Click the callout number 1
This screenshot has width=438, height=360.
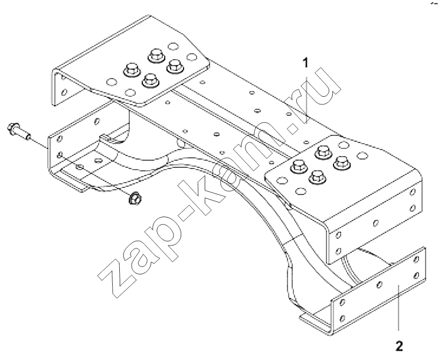pyautogui.click(x=306, y=63)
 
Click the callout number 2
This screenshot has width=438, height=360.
pyautogui.click(x=399, y=346)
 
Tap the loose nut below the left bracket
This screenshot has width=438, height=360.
pyautogui.click(x=135, y=198)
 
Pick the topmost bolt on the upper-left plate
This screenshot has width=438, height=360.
pyautogui.click(x=156, y=55)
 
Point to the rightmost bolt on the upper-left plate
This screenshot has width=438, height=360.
pyautogui.click(x=175, y=67)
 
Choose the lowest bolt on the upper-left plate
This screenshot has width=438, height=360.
pyautogui.click(x=151, y=80)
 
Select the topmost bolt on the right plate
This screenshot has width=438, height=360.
pyautogui.click(x=323, y=152)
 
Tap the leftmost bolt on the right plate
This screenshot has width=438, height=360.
pyautogui.click(x=299, y=166)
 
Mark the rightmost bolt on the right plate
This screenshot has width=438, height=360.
pyautogui.click(x=342, y=163)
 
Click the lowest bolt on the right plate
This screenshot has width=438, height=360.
pyautogui.click(x=318, y=177)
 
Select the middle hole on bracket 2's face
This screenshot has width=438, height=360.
pyautogui.click(x=379, y=284)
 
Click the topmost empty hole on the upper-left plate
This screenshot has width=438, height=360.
pyautogui.click(x=173, y=47)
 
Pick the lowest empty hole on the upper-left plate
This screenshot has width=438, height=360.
pyautogui.click(x=130, y=92)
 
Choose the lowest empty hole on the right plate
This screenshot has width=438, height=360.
pyautogui.click(x=301, y=191)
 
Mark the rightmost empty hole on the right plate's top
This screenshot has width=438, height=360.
pyautogui.click(x=362, y=155)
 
